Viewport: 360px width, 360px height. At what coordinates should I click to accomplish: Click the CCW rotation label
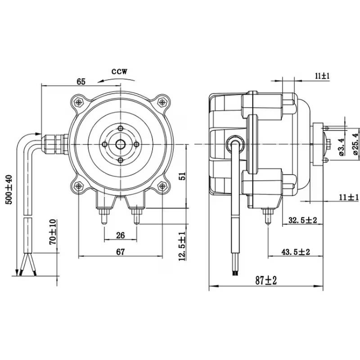click(x=120, y=71)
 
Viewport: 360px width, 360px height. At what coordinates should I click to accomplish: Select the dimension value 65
click(x=81, y=81)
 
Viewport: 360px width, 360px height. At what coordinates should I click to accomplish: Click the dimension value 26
click(x=120, y=234)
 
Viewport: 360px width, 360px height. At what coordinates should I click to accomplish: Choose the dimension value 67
click(x=120, y=252)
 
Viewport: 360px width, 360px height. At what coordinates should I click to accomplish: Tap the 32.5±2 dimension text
click(x=303, y=220)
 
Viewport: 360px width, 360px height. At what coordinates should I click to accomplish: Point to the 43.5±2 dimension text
click(x=296, y=252)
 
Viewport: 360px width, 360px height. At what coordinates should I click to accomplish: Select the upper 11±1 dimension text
click(x=322, y=76)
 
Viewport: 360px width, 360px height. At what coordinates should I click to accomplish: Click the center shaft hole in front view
click(x=120, y=144)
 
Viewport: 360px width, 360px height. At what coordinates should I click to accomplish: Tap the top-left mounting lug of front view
click(x=79, y=102)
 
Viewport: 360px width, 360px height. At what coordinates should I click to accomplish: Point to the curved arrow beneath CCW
click(x=110, y=81)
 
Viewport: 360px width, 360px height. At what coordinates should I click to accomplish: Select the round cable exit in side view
click(x=234, y=142)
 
